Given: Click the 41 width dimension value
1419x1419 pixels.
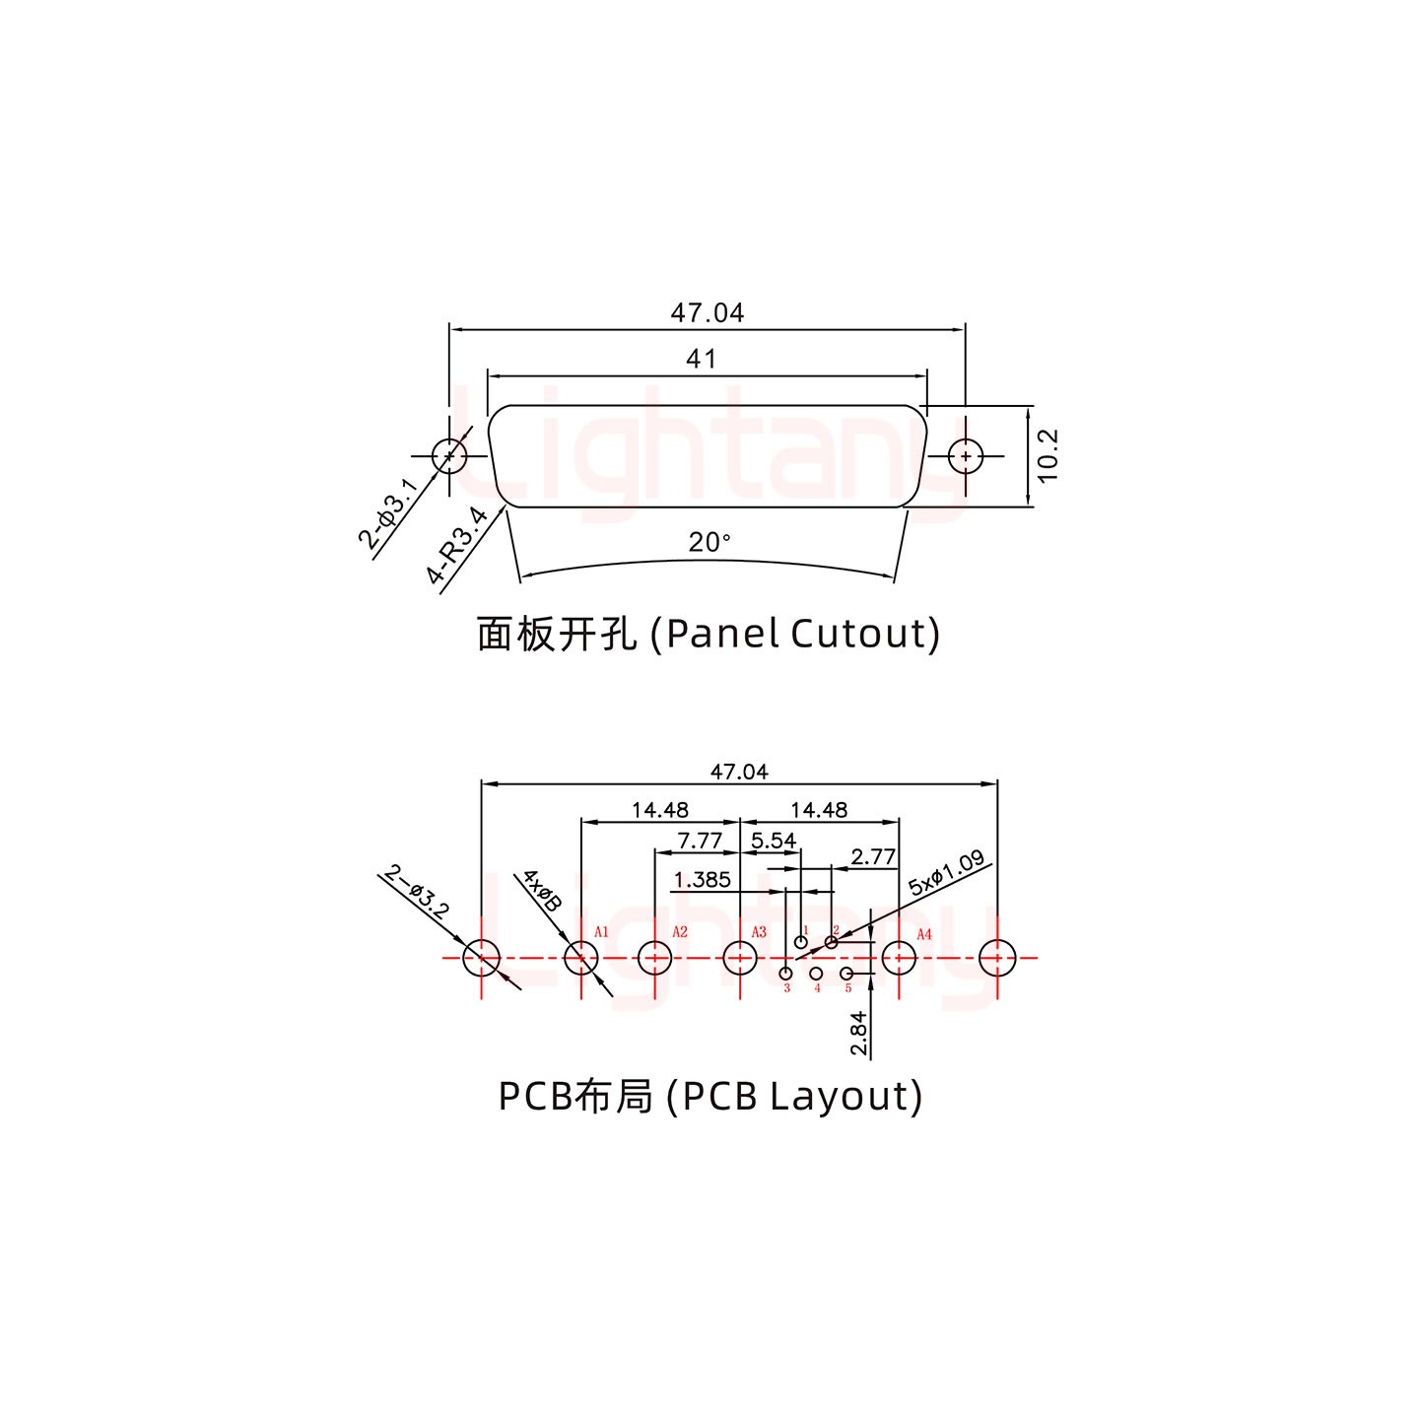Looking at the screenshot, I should (701, 359).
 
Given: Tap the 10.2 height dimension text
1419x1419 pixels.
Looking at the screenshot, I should (1047, 455).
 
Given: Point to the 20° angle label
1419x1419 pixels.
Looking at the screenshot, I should (709, 542).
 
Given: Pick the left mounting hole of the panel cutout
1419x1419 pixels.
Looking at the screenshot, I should (449, 456).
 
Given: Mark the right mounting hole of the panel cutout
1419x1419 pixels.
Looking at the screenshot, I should (965, 456).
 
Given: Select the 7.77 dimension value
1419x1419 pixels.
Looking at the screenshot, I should (700, 841).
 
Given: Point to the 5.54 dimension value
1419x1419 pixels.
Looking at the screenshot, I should (774, 841).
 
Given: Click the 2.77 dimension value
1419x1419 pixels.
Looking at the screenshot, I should (873, 857).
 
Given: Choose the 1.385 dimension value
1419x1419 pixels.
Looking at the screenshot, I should (703, 879).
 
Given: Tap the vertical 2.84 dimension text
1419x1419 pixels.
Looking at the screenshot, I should (858, 1033).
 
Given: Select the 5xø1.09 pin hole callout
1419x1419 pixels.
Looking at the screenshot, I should (946, 873).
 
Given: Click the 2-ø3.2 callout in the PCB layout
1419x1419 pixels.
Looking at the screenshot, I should (416, 891).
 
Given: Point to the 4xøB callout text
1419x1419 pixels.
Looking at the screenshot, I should (541, 890).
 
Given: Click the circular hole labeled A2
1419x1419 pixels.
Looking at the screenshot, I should (654, 957).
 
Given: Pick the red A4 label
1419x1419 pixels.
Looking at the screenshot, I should (924, 934).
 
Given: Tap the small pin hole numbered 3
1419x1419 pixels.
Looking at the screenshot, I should (785, 974).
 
